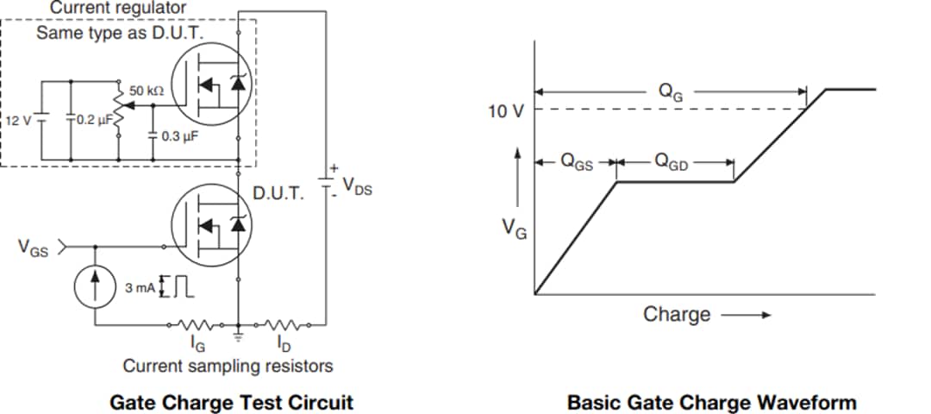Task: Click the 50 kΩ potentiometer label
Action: click(147, 90)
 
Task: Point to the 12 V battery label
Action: click(19, 121)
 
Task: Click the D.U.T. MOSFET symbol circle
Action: click(209, 225)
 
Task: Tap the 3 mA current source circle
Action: click(95, 287)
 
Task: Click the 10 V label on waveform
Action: click(506, 111)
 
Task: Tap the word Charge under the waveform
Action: click(677, 314)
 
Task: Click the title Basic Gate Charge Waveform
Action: click(712, 402)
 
